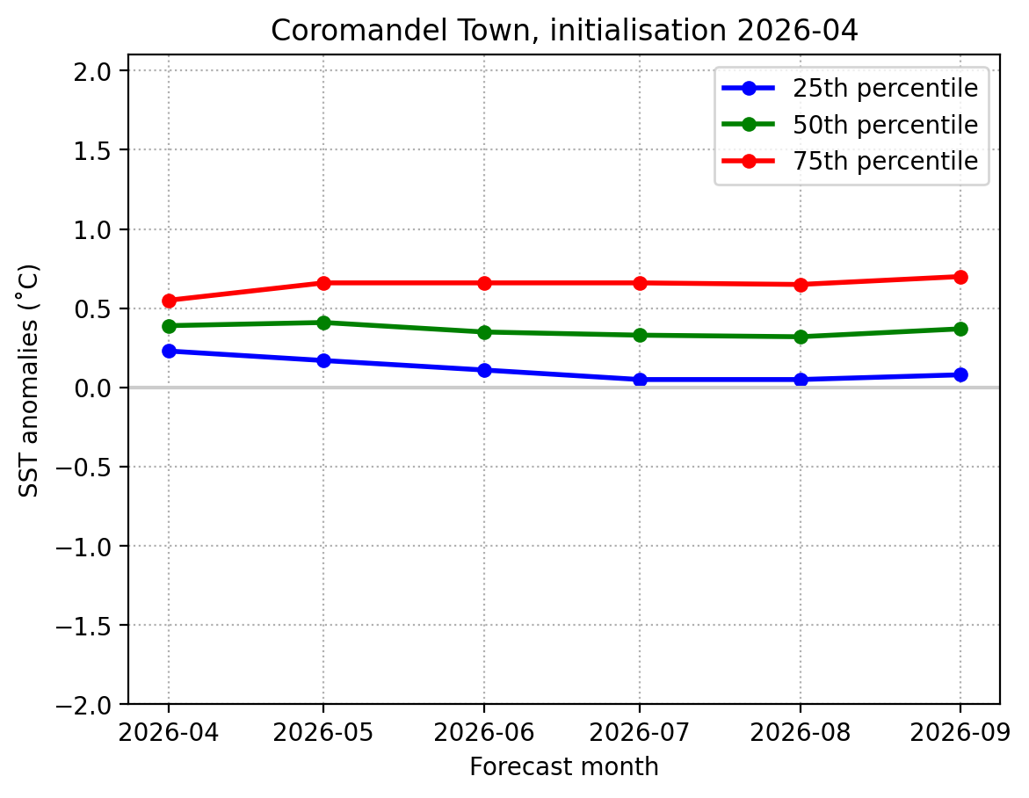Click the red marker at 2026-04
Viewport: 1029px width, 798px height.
[x=169, y=301]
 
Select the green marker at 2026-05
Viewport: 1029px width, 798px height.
[x=323, y=323]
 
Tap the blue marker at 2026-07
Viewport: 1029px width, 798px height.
[x=640, y=380]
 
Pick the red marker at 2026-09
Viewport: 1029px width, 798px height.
[x=960, y=277]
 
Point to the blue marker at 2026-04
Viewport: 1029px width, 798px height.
[x=169, y=351]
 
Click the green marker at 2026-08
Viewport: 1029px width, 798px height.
[x=801, y=337]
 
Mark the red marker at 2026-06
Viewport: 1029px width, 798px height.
[x=484, y=283]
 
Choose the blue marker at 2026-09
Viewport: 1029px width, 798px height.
[x=960, y=374]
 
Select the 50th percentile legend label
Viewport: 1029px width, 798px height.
[x=885, y=125]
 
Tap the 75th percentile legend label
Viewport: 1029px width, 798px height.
[x=885, y=162]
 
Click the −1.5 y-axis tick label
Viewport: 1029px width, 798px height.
[x=86, y=626]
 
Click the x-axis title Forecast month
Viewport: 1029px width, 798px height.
[x=563, y=767]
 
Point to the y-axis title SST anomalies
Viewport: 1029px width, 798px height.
[x=29, y=380]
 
